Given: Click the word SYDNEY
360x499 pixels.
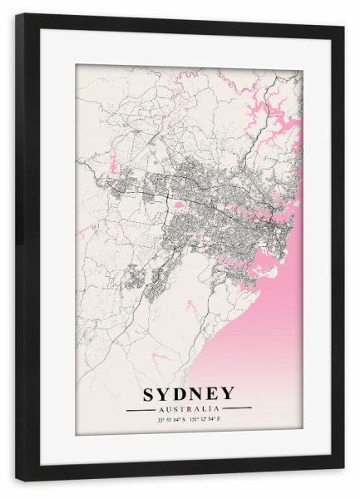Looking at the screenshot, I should pyautogui.click(x=189, y=393).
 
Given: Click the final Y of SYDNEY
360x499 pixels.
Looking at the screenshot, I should pyautogui.click(x=228, y=393).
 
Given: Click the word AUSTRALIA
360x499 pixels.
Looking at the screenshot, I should pyautogui.click(x=189, y=408).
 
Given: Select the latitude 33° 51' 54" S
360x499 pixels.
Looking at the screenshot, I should pyautogui.click(x=171, y=420).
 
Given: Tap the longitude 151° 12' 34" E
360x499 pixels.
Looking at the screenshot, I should pyautogui.click(x=207, y=420).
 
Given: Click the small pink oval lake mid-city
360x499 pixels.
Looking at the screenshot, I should pyautogui.click(x=177, y=202).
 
